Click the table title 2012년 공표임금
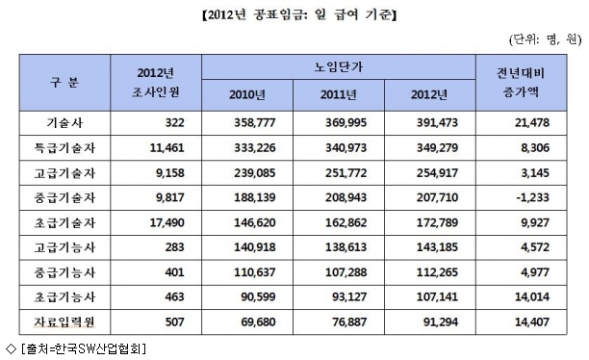(255, 14)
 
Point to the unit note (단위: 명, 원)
(545, 39)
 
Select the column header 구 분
(64, 82)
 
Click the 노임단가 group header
(339, 66)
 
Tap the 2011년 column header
(339, 94)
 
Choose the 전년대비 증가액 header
(521, 82)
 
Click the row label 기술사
(64, 123)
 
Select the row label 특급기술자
(64, 147)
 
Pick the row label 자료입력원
(64, 322)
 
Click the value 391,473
(437, 123)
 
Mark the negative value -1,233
(533, 197)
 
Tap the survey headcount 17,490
(167, 222)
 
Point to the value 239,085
(255, 173)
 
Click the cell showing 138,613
(346, 247)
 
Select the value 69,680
(259, 322)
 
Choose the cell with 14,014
(532, 296)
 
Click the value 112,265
(437, 272)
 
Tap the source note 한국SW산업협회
(100, 349)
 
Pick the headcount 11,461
(167, 147)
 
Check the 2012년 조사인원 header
(156, 82)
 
